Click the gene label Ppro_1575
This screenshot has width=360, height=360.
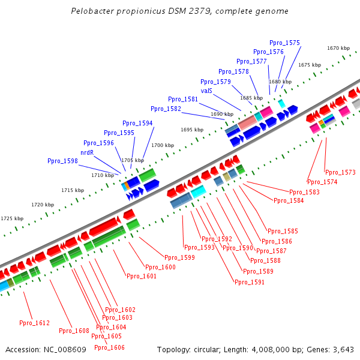coord(284,43)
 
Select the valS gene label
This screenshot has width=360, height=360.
coord(206,91)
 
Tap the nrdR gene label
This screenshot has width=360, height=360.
coord(87,152)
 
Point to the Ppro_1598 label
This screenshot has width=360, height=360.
coord(62,161)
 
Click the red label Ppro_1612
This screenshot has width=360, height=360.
coord(34,323)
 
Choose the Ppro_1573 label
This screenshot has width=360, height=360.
coord(340,172)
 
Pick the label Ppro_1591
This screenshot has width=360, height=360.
coord(249,282)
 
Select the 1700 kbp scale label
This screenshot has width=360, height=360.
coord(162,145)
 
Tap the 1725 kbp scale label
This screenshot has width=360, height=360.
coord(12,219)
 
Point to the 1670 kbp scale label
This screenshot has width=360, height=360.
coord(338,48)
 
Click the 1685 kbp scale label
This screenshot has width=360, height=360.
coord(251,98)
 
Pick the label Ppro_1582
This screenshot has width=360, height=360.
coord(166,109)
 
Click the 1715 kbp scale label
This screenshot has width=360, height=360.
coord(72,190)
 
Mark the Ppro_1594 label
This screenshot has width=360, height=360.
coord(137,123)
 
